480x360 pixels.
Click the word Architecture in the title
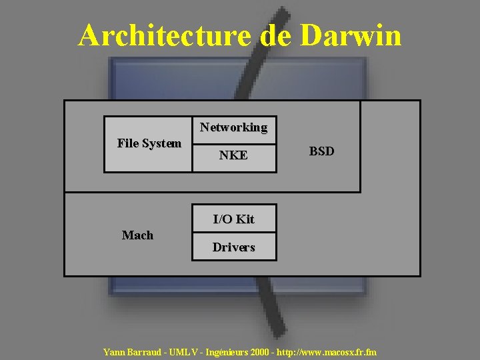point(166,35)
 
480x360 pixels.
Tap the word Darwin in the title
point(351,35)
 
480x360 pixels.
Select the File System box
point(149,144)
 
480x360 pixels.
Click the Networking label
point(233,127)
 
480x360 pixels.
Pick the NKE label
point(233,155)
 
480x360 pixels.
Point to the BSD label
point(321,151)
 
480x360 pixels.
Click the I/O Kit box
point(233,219)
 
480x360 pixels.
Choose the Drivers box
point(233,247)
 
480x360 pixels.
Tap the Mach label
point(137,235)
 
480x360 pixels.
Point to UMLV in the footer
point(186,351)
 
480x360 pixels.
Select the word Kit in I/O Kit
point(245,219)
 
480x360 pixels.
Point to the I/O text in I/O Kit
point(223,219)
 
